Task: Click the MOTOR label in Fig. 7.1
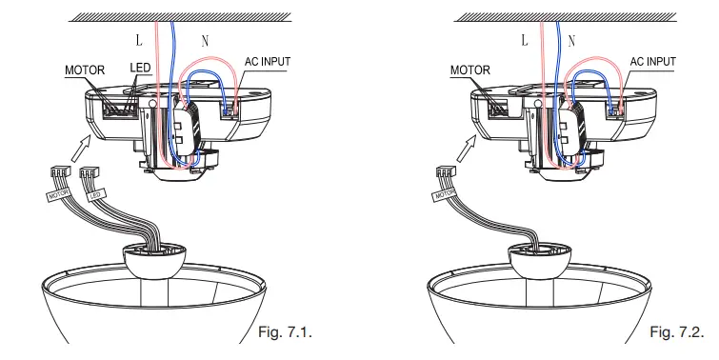pos(85,70)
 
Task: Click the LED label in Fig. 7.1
pos(140,68)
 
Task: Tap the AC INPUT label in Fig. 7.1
pos(268,62)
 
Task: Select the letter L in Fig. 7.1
pos(139,40)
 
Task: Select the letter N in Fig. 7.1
pos(205,41)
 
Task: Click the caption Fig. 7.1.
pos(285,331)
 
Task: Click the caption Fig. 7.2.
pos(677,331)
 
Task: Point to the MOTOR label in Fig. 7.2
pos(470,70)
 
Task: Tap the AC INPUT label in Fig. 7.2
pos(653,62)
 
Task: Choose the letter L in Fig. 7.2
pos(525,40)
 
